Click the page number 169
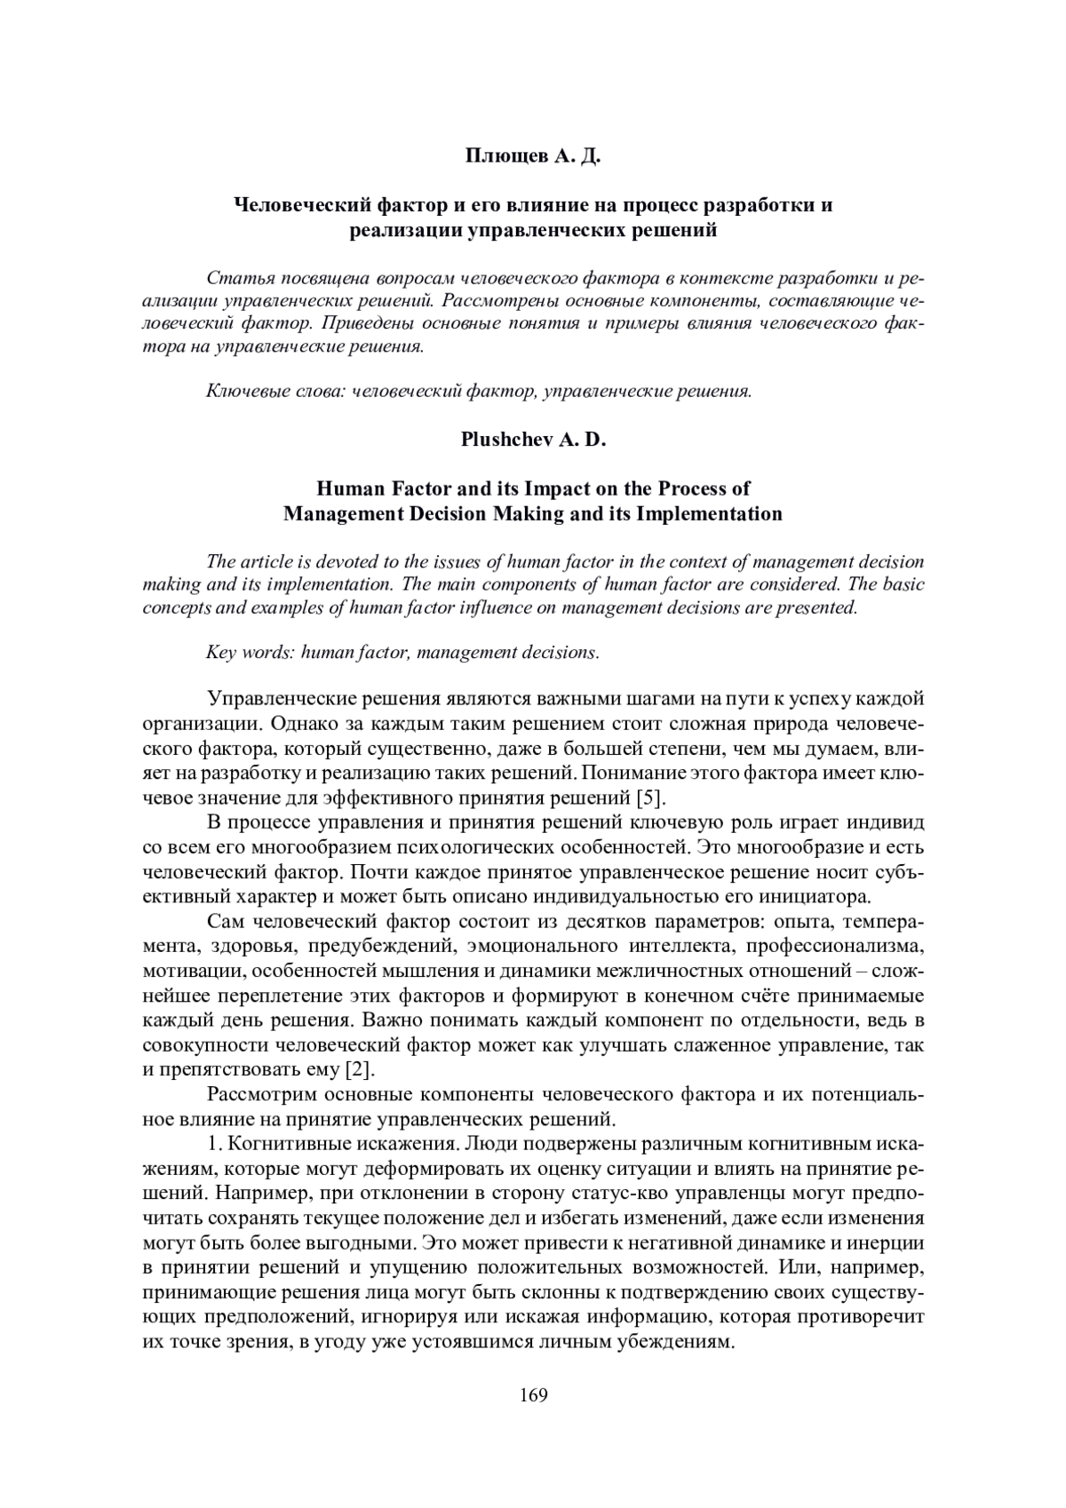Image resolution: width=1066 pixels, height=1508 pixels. pos(533,1394)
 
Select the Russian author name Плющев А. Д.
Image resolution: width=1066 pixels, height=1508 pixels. pos(533,157)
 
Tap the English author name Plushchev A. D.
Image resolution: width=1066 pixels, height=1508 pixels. pos(533,440)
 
